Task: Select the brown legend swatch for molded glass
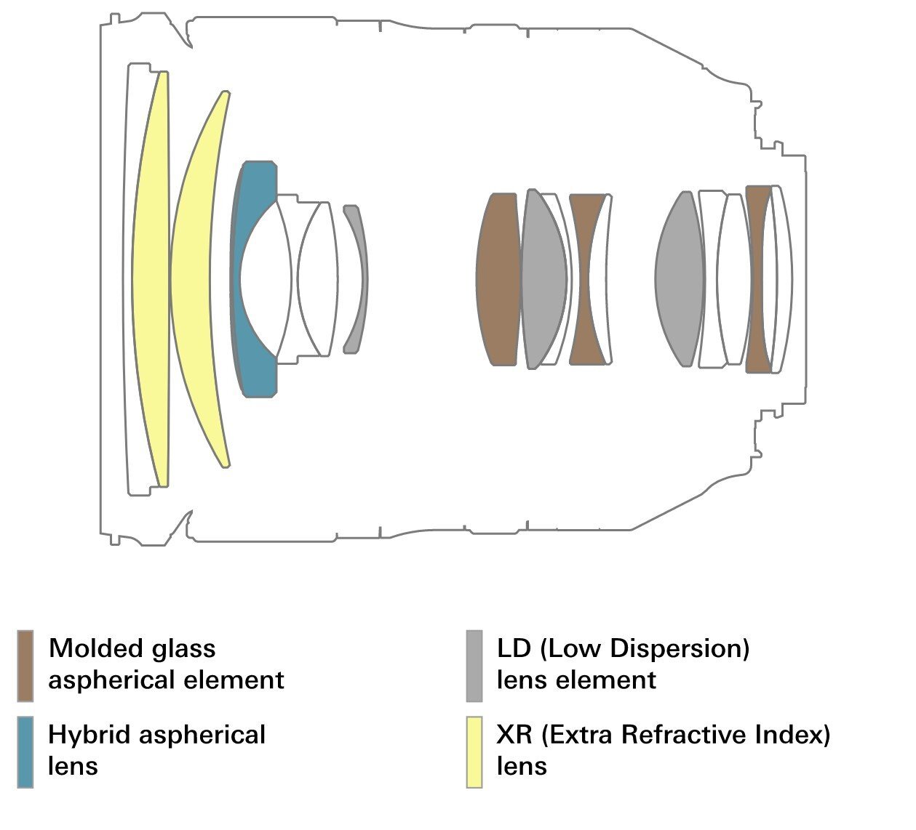coord(25,666)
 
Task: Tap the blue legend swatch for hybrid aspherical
coord(25,752)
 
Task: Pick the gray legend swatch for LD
coord(474,666)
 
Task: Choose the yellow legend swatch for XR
coord(474,752)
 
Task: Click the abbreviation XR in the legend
coord(514,735)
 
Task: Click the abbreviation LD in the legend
coord(514,648)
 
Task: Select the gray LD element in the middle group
coord(543,279)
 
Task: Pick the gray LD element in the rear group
coord(680,279)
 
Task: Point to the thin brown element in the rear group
coord(756,279)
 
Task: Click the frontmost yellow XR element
coord(151,279)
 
